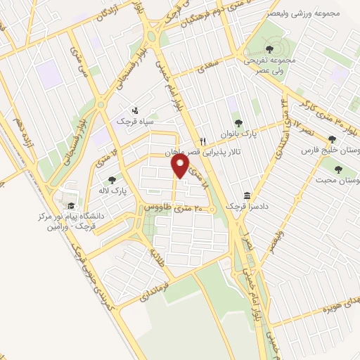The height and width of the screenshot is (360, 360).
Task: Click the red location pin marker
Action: tap(181, 166)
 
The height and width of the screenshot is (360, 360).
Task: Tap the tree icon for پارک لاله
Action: tap(111, 179)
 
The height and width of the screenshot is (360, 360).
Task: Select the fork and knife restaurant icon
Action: tap(202, 139)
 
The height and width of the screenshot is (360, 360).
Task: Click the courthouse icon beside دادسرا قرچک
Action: tap(247, 194)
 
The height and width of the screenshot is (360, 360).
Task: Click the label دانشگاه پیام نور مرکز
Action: tap(71, 217)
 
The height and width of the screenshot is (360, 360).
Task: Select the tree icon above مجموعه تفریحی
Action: tap(270, 49)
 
